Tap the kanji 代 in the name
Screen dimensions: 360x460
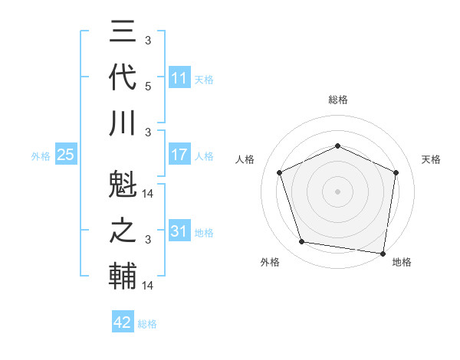coord(123,79)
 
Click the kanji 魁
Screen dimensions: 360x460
coord(123,187)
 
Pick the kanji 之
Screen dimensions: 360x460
coord(123,231)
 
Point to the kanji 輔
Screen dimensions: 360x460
coord(123,276)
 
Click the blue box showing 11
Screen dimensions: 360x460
coord(179,78)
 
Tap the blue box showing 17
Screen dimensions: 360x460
coord(179,155)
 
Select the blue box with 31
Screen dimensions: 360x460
coord(179,231)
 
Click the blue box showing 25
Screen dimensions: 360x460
coord(66,155)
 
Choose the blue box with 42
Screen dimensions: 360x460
coord(123,322)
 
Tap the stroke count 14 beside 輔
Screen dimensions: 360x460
coord(148,286)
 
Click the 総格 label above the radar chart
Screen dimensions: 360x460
coord(337,100)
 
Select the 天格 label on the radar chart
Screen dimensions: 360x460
coord(431,159)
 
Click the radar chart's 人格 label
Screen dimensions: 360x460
coord(245,159)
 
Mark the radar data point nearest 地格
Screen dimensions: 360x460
coord(383,253)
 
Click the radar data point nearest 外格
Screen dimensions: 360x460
coord(302,242)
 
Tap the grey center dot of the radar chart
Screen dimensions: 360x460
coord(337,191)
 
